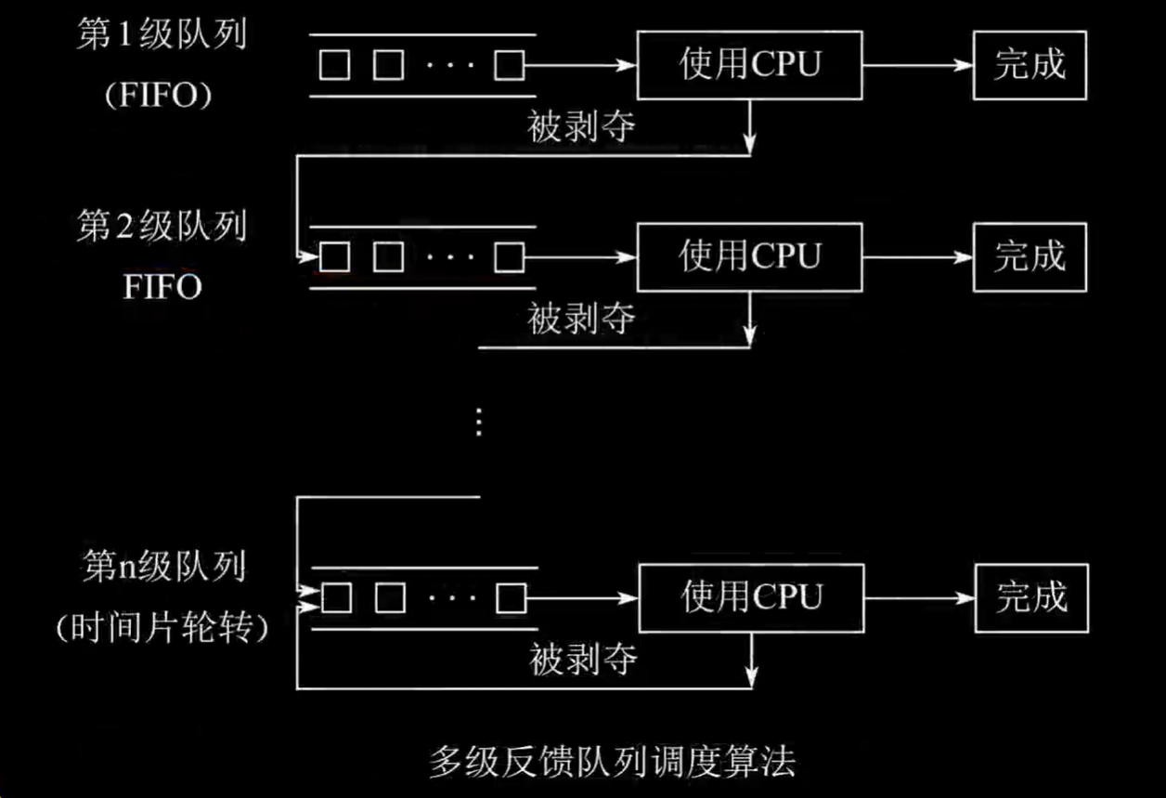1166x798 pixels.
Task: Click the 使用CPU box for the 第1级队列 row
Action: [x=749, y=65]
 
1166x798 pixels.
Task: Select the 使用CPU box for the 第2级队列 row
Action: [x=749, y=255]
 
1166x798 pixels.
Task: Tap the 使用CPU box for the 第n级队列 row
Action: [x=749, y=597]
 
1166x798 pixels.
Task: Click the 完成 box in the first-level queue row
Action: [x=1030, y=65]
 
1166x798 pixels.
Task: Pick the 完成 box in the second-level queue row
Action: [x=1030, y=255]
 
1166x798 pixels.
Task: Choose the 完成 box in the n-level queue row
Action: [x=1030, y=597]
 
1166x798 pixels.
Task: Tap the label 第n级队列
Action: [x=163, y=567]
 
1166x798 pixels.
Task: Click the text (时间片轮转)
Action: [x=162, y=629]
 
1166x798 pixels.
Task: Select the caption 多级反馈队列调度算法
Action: [x=613, y=762]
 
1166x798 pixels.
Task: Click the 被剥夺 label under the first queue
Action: [x=581, y=127]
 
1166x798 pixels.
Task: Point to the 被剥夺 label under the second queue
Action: [x=581, y=320]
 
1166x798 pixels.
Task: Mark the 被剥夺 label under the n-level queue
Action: [x=583, y=661]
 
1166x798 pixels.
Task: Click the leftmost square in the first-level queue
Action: [x=334, y=65]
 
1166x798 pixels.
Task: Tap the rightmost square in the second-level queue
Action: [x=509, y=256]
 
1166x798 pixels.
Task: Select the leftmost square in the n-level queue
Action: [x=336, y=597]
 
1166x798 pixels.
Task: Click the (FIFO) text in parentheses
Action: [x=158, y=96]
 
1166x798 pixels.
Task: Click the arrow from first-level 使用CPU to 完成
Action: [x=917, y=65]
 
